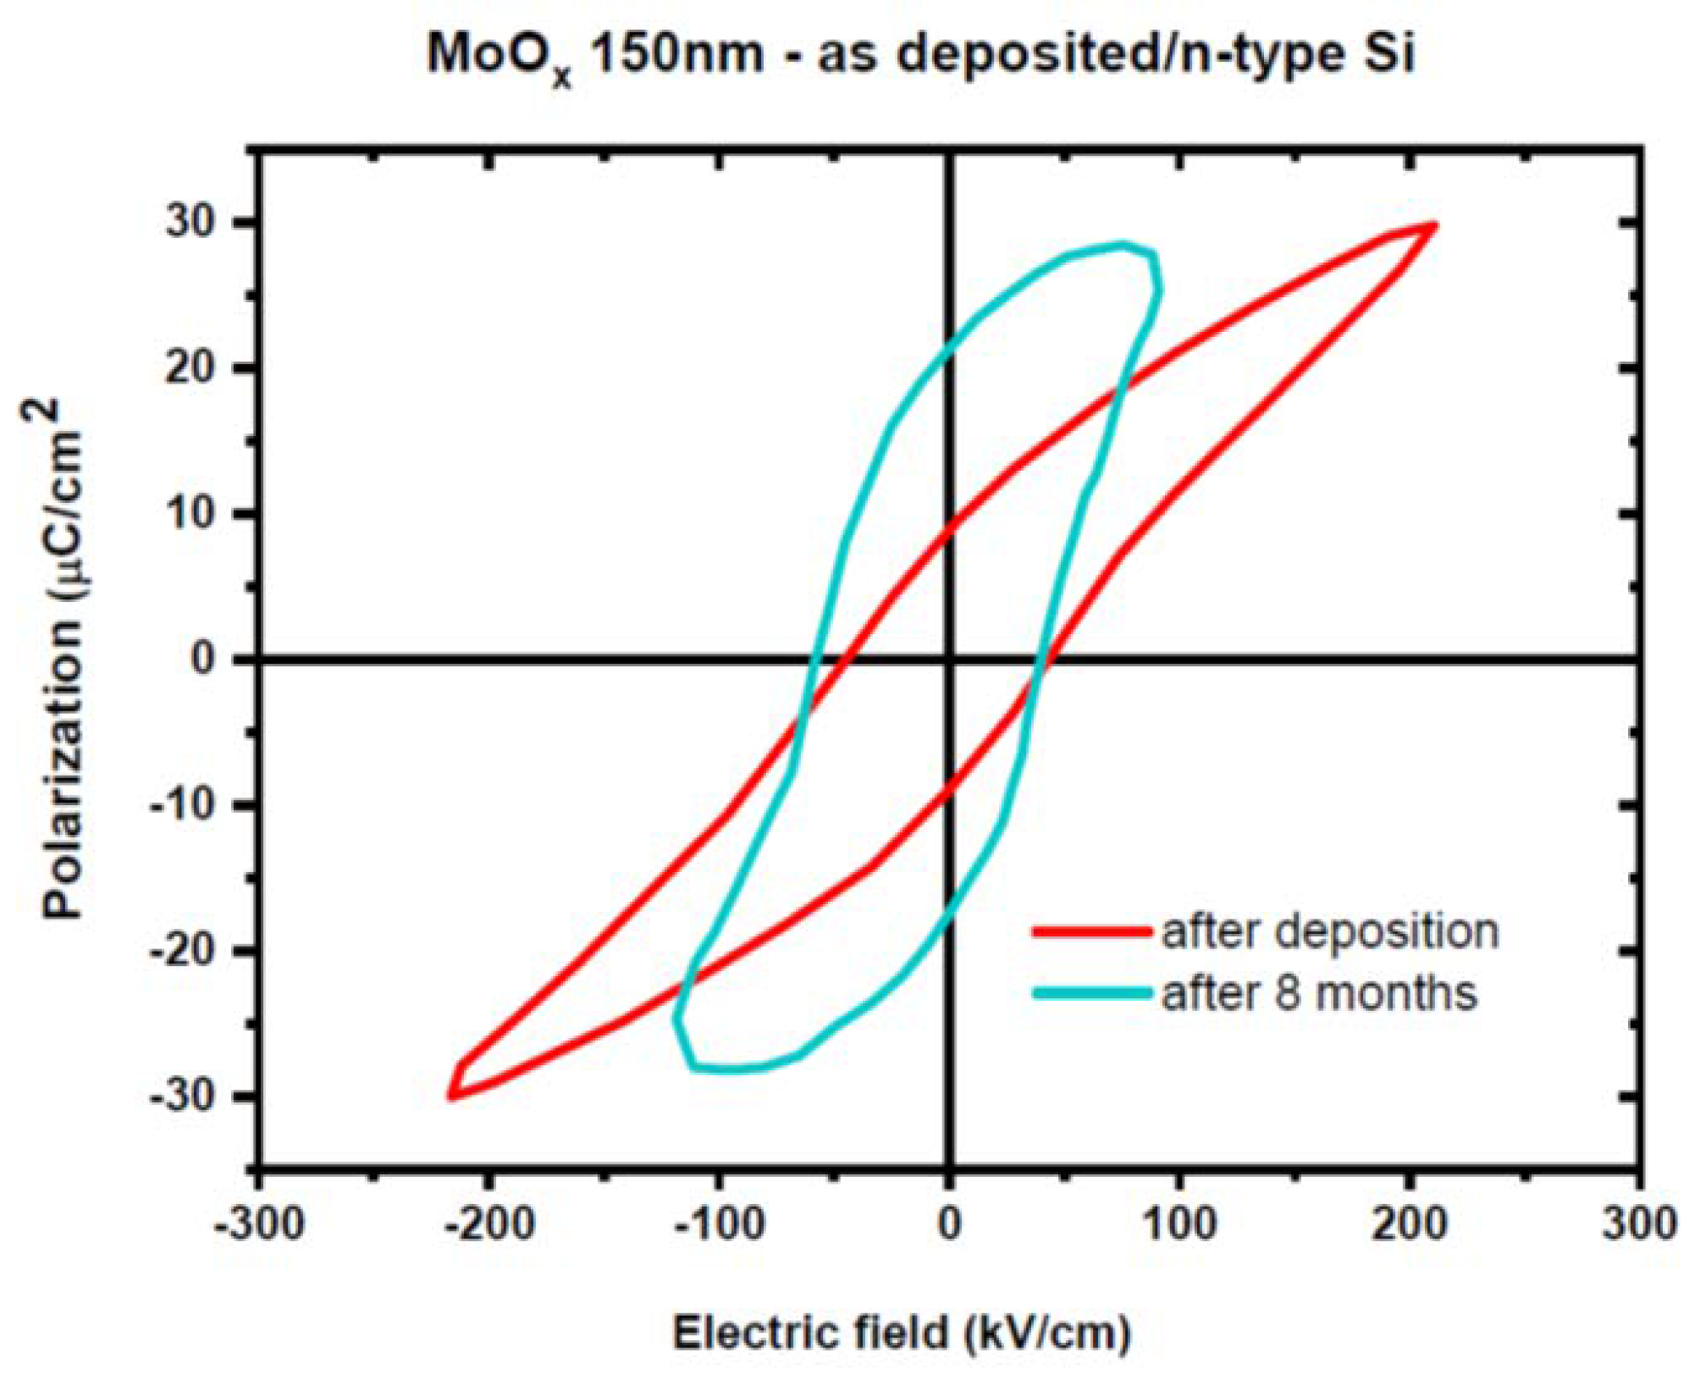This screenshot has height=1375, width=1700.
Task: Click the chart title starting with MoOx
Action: [920, 54]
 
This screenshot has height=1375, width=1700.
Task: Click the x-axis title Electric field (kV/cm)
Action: [902, 1332]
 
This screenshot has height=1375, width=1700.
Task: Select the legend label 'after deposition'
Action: [1330, 931]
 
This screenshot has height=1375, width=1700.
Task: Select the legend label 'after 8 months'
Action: [1319, 992]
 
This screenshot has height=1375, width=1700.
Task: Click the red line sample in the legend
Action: [1091, 931]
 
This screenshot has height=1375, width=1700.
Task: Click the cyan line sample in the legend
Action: [1091, 992]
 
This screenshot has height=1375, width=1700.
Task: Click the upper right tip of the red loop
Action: [1434, 226]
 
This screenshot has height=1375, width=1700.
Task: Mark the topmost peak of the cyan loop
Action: [1123, 246]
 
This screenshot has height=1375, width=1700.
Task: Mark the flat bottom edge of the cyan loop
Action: [728, 1069]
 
